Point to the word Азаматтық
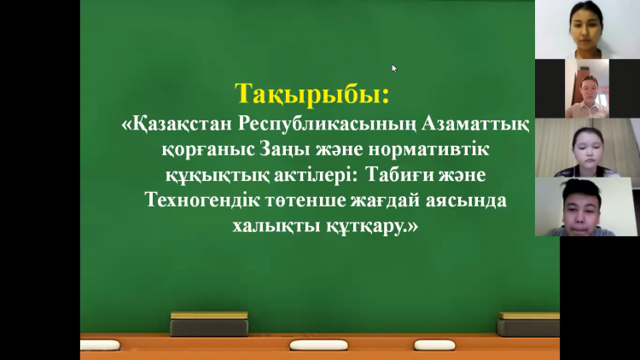coord(474,125)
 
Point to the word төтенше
coord(289,202)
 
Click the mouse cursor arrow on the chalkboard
coord(393,67)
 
